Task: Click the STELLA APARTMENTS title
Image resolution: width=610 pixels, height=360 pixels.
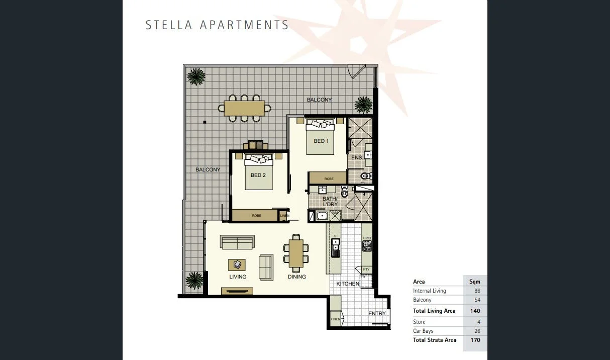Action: click(x=217, y=25)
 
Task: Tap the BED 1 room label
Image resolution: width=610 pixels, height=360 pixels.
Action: click(x=321, y=141)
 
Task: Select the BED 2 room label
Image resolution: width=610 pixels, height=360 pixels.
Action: click(x=258, y=175)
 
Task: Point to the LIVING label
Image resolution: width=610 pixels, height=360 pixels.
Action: click(x=238, y=277)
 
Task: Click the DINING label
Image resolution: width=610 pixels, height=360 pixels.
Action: click(x=296, y=277)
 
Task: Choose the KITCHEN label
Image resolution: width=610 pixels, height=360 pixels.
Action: click(x=348, y=284)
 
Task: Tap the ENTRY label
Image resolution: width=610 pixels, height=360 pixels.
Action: click(x=377, y=314)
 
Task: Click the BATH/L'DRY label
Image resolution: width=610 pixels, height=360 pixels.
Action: click(x=330, y=202)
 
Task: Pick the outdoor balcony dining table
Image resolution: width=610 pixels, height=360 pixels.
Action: click(x=244, y=108)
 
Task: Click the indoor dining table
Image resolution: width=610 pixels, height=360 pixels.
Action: click(x=296, y=253)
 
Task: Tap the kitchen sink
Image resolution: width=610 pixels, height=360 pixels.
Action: click(x=335, y=245)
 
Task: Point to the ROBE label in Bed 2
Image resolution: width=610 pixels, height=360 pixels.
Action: click(x=256, y=216)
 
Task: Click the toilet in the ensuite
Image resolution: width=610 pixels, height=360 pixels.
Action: click(x=366, y=176)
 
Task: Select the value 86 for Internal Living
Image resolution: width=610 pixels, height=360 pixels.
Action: click(x=477, y=291)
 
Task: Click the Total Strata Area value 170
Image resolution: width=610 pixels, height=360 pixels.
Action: click(x=475, y=340)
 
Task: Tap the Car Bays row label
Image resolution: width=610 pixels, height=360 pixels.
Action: click(x=423, y=331)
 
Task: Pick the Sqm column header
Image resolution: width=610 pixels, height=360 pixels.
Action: click(x=474, y=282)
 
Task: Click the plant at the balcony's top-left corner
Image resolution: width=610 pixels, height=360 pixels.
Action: click(x=196, y=76)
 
